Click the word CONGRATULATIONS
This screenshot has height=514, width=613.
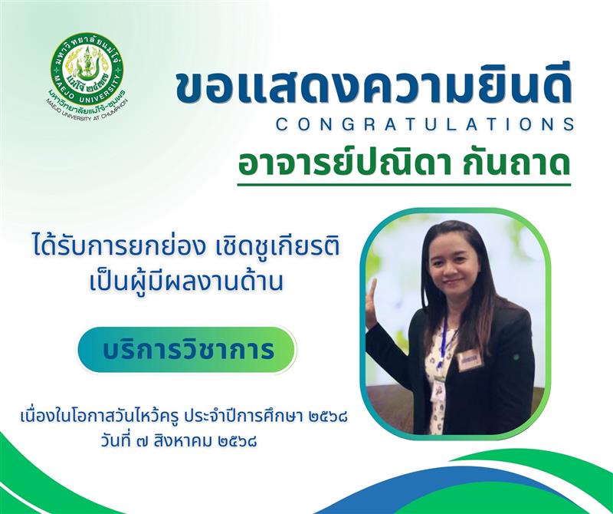[x=425, y=124]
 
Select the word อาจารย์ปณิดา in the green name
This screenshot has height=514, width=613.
[x=339, y=163]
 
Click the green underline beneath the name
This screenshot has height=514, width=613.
[x=404, y=184]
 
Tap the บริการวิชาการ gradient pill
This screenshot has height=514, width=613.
[x=186, y=350]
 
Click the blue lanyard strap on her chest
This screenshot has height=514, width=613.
[x=443, y=344]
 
